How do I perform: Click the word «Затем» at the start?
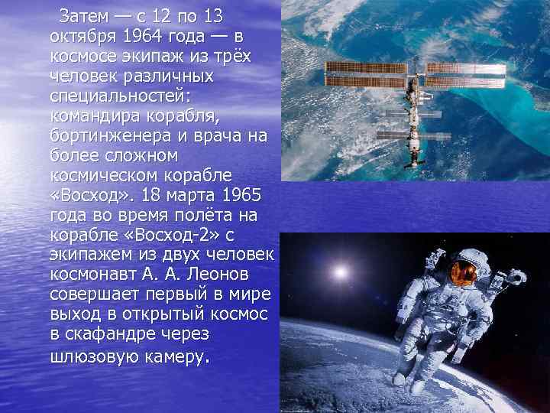coord(81,17)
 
